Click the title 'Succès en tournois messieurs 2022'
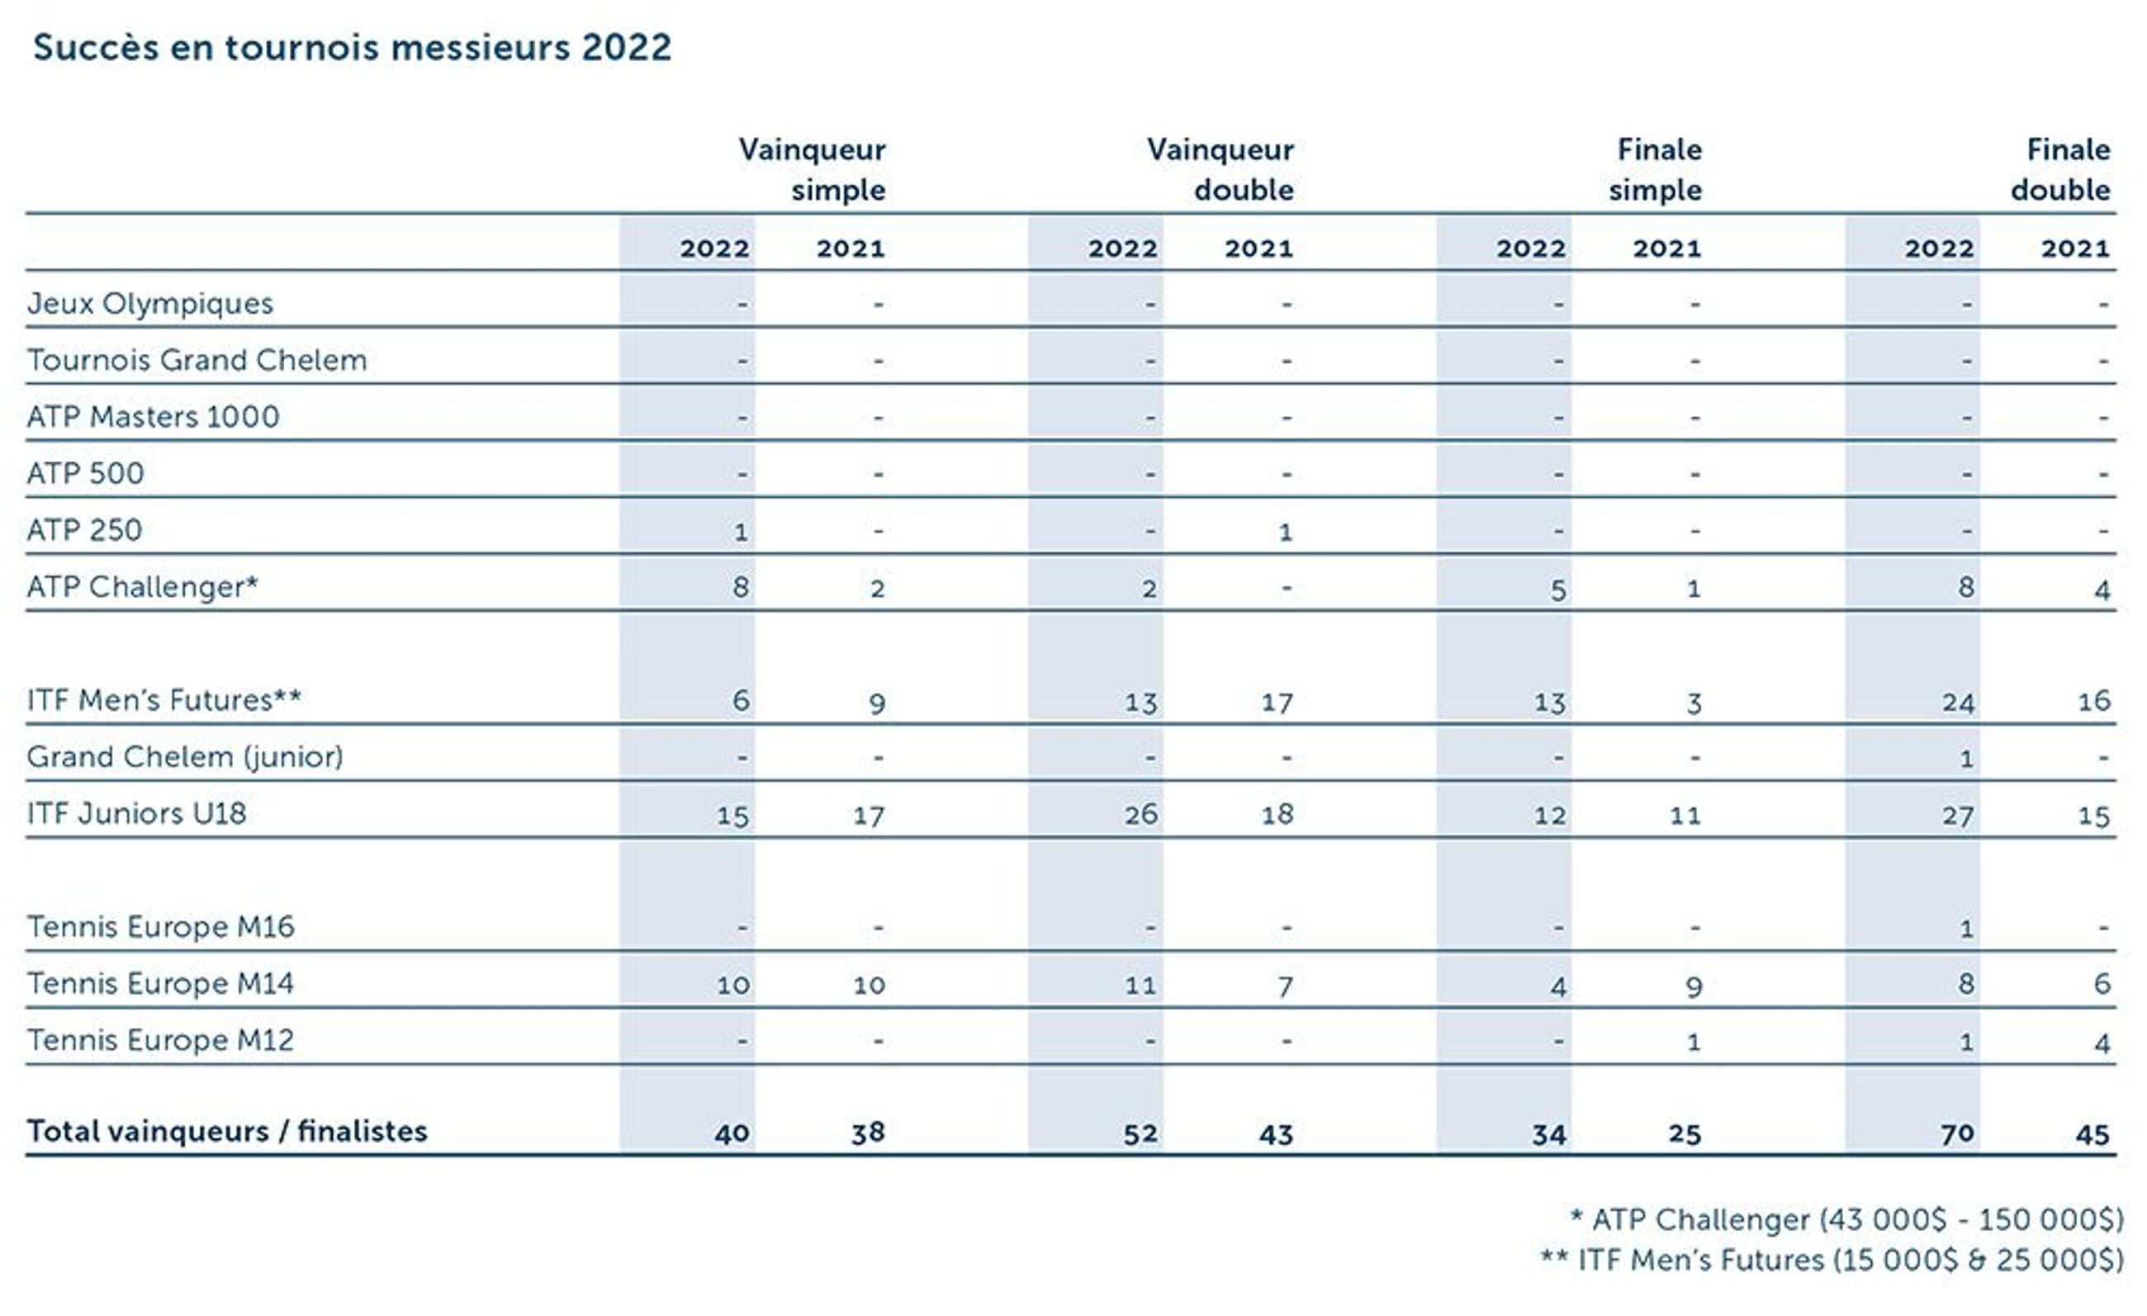(352, 47)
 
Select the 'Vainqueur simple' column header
(812, 169)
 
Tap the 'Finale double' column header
(2062, 169)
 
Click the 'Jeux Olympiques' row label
(149, 303)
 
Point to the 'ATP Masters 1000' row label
(154, 416)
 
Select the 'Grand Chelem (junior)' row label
(185, 756)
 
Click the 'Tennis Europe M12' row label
(160, 1040)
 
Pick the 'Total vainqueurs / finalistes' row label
(226, 1130)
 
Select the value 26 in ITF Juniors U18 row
(1140, 814)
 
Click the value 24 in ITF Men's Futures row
(1958, 702)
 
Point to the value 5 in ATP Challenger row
(1558, 589)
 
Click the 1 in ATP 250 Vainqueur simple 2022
(741, 532)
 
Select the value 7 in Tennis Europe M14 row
(1285, 986)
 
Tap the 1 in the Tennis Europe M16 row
(1966, 929)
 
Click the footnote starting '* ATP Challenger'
(1846, 1219)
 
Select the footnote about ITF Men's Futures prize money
(1832, 1260)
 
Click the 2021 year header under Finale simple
(1667, 249)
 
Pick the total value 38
(868, 1132)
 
